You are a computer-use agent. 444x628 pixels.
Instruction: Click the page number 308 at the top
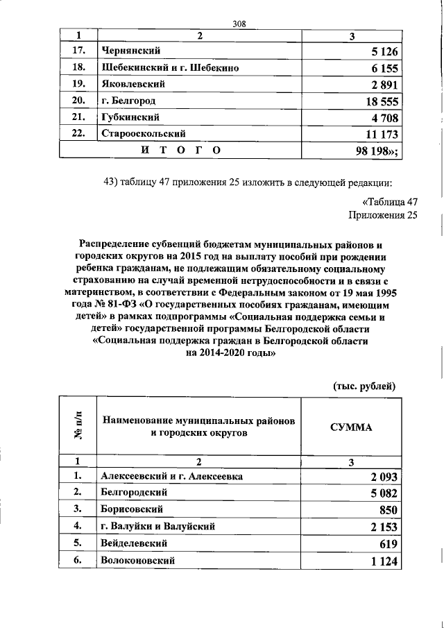pos(240,24)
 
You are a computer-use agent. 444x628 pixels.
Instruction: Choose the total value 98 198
pos(377,151)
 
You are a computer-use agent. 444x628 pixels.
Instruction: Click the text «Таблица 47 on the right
pos(390,202)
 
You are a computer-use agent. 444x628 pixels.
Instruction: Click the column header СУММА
pos(351,427)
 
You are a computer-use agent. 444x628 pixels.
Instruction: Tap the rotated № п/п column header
pos(78,427)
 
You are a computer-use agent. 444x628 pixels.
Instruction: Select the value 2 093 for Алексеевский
pos(380,477)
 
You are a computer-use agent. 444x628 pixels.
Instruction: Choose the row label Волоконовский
pos(137,559)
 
